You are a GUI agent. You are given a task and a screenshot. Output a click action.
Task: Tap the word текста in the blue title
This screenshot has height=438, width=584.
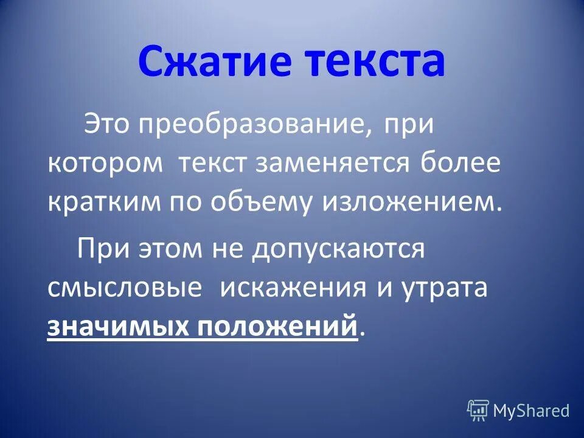tap(375, 64)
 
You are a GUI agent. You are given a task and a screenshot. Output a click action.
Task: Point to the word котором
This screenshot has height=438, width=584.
tap(105, 165)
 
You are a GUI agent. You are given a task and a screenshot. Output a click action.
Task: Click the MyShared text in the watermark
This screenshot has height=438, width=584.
tap(531, 411)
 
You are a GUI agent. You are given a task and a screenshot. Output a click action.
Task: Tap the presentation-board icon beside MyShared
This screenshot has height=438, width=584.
tap(478, 411)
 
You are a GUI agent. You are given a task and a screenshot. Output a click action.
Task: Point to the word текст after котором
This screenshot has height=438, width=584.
tap(213, 165)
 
